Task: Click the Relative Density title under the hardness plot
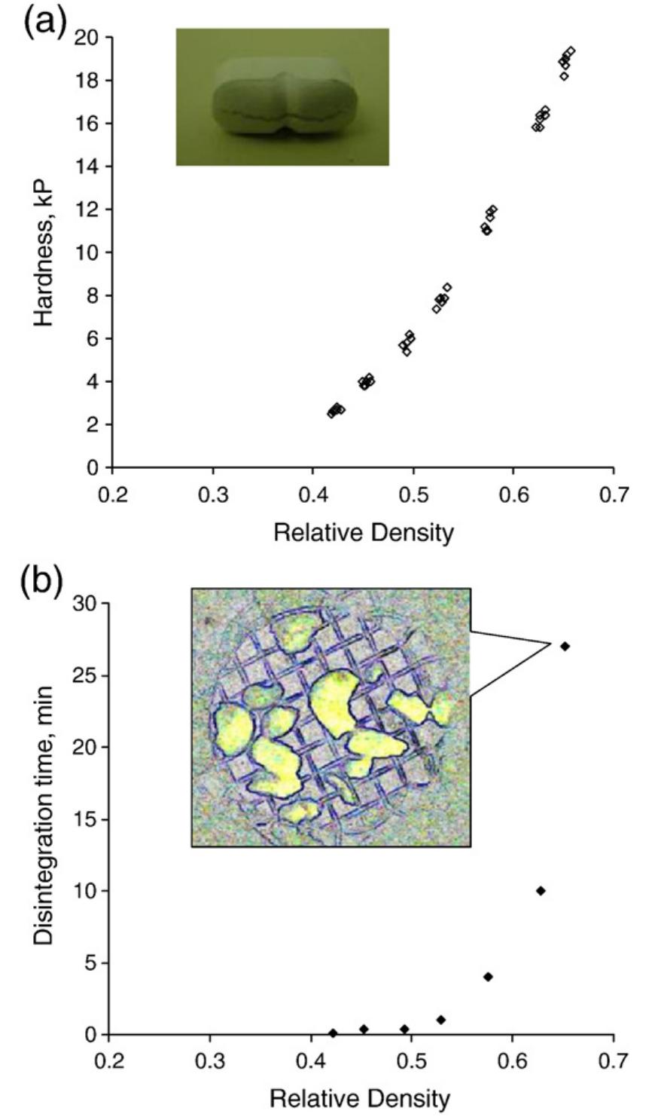tap(364, 533)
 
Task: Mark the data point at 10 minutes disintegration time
tap(540, 891)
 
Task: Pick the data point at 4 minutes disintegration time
tap(488, 977)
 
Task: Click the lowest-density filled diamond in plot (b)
tap(333, 1033)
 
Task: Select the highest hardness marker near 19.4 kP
tap(571, 50)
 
